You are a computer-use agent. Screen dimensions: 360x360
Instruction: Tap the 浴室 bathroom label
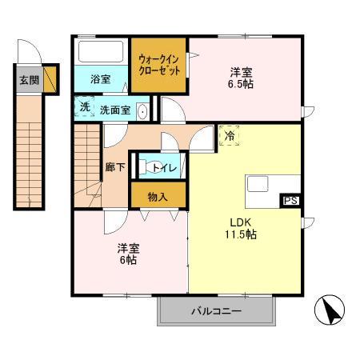100,79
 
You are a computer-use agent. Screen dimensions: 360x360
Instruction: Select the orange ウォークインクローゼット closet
159,65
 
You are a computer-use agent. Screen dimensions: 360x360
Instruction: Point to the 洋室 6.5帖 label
241,76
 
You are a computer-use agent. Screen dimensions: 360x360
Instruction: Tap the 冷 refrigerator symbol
227,137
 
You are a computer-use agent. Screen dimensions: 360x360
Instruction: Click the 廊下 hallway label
114,168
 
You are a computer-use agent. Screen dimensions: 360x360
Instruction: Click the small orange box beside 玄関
50,80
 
